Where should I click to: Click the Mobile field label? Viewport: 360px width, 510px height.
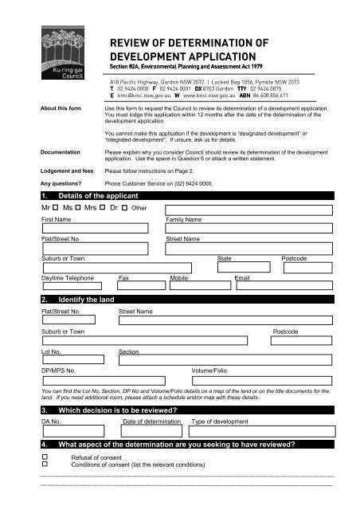(179, 278)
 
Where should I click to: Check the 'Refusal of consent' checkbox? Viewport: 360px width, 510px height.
(45, 459)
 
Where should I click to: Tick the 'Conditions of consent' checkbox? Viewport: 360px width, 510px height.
(45, 466)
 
